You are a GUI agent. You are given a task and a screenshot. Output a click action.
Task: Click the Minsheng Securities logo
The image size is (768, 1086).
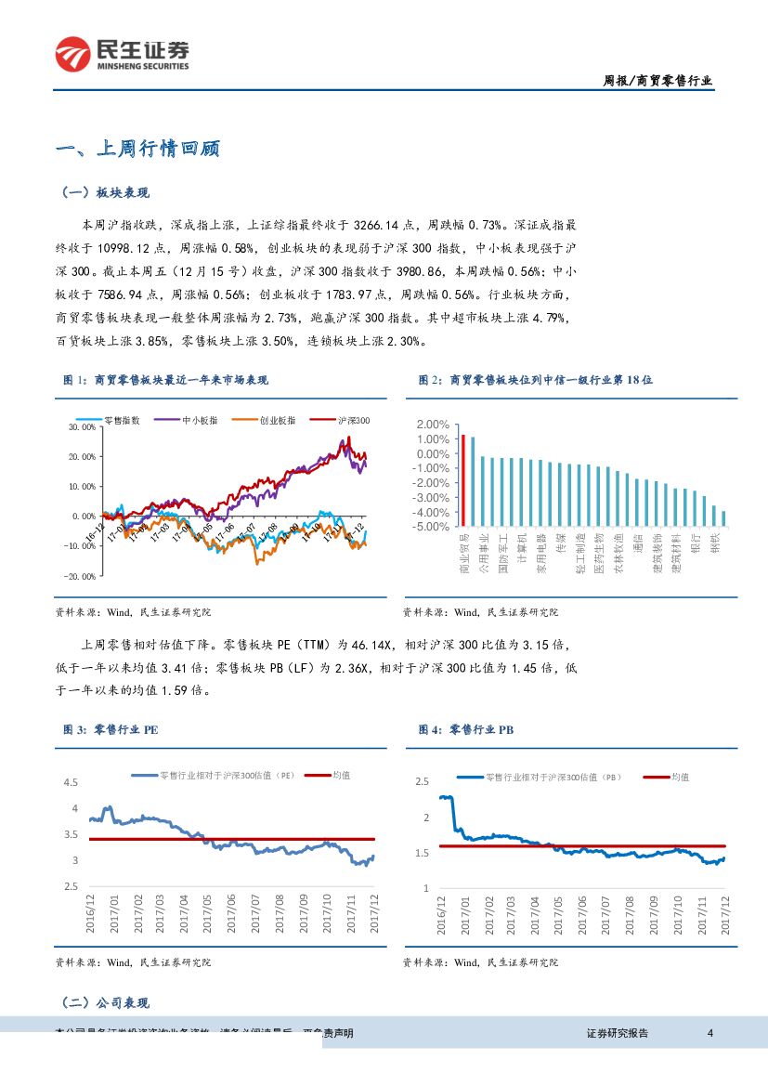(122, 55)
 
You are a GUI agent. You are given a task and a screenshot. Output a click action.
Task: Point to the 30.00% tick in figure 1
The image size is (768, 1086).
(83, 427)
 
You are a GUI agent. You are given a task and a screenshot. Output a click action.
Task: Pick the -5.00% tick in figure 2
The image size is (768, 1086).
(432, 526)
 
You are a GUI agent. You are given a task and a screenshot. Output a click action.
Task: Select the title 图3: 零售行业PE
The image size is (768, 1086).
(111, 730)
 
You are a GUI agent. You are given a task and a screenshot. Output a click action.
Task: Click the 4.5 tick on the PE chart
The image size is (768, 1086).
(71, 782)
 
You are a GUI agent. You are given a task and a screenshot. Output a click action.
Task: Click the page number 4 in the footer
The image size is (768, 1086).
(710, 1033)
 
